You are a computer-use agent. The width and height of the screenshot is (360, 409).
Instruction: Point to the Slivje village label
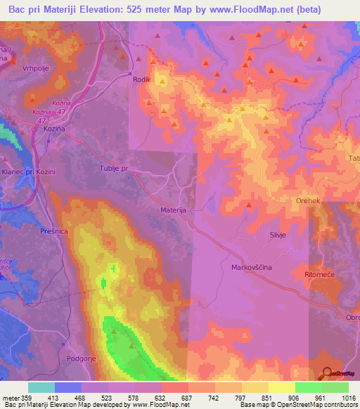click(280, 237)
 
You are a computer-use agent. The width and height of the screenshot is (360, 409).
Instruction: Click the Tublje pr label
click(113, 169)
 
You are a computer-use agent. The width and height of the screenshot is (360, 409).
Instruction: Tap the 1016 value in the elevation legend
click(348, 398)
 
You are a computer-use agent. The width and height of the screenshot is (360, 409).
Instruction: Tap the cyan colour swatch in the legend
click(41, 387)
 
